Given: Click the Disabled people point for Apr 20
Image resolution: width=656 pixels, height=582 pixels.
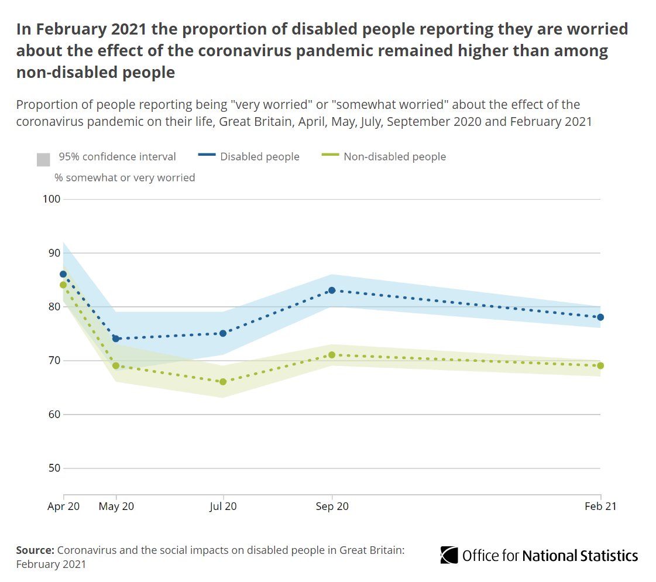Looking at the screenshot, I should pos(63,274).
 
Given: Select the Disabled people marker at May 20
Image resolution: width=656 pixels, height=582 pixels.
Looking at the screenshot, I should pos(116,338).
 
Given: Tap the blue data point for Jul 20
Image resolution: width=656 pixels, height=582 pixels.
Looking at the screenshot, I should pos(223,333).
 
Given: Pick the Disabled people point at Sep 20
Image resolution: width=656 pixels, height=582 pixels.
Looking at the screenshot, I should pos(332,290).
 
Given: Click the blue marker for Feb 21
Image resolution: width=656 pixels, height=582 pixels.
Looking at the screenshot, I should pos(600,317).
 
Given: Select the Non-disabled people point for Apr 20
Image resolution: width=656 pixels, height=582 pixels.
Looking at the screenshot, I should pos(63,285).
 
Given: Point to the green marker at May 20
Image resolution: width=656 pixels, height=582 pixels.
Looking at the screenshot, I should pos(116,365).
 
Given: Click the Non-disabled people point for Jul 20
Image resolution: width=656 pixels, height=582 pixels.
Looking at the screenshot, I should pos(223,382).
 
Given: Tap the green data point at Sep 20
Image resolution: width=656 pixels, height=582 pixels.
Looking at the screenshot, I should pos(332,355).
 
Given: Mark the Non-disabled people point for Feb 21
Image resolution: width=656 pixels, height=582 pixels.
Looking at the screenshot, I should pos(600,365).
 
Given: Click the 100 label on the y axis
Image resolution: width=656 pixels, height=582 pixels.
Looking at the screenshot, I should pos(51,199).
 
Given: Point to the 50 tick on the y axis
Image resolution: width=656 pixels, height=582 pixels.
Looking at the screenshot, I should pos(54,468).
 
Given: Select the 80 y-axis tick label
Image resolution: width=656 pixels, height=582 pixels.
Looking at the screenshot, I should pos(54,307).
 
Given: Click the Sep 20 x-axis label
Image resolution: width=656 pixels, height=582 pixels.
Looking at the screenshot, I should pos(332,506).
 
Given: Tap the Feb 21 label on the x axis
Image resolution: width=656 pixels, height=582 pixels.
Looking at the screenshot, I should pos(600,506).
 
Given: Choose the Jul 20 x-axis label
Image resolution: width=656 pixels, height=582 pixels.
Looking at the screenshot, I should pos(223,506).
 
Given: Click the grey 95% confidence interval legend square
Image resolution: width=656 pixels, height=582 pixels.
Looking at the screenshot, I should pos(43,159).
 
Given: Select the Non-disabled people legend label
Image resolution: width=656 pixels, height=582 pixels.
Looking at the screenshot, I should pos(394,157).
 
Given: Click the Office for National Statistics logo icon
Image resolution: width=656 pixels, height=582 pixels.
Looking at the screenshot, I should pos(449,554).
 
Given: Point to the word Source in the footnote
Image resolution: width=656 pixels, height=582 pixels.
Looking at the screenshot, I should pos(35,550).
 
